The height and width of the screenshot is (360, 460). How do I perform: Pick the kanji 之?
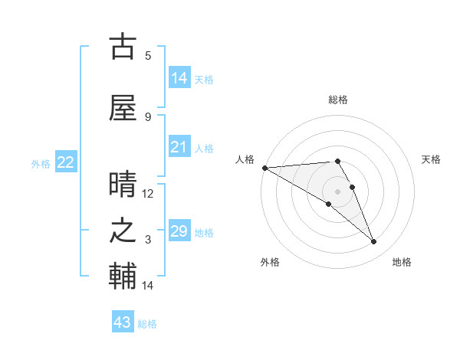tap(123, 231)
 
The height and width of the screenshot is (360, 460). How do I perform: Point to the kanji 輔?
tap(123, 277)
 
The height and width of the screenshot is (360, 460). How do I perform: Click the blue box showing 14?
tap(179, 78)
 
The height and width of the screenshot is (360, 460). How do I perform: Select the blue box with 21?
tap(179, 147)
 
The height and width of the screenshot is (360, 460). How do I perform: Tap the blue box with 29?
tap(179, 231)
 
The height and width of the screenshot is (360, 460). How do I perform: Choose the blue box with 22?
tap(66, 162)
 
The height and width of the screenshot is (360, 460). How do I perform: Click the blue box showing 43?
tap(123, 322)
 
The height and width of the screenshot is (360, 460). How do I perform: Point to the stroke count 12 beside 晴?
tap(148, 194)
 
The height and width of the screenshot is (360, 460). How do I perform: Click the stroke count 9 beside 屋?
tap(148, 116)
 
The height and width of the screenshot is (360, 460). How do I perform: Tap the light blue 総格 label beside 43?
tap(147, 324)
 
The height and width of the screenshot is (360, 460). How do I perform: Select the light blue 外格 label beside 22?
tap(41, 164)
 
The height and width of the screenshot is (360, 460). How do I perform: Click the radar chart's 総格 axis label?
tap(337, 100)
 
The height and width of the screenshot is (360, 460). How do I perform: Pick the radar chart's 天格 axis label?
tap(432, 159)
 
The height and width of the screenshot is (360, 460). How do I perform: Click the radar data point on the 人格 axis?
tap(264, 168)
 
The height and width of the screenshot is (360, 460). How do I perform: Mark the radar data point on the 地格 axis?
tap(374, 242)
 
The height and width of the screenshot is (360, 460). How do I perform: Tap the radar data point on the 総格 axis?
tap(337, 161)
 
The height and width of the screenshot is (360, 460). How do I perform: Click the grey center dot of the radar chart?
tap(337, 191)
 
